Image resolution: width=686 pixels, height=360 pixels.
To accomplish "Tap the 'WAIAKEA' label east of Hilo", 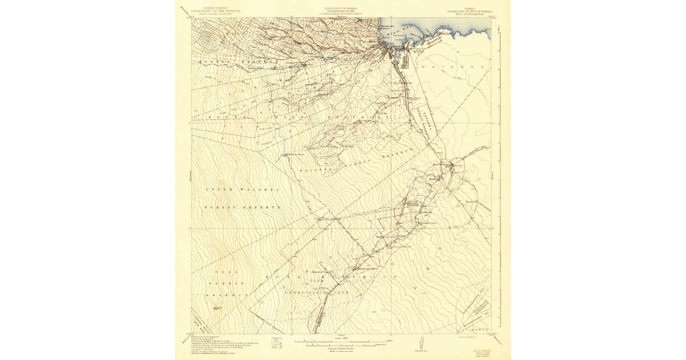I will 452,67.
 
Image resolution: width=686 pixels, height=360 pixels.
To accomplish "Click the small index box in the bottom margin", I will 280,341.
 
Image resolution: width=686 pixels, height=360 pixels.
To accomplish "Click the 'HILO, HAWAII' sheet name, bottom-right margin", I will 482,345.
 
